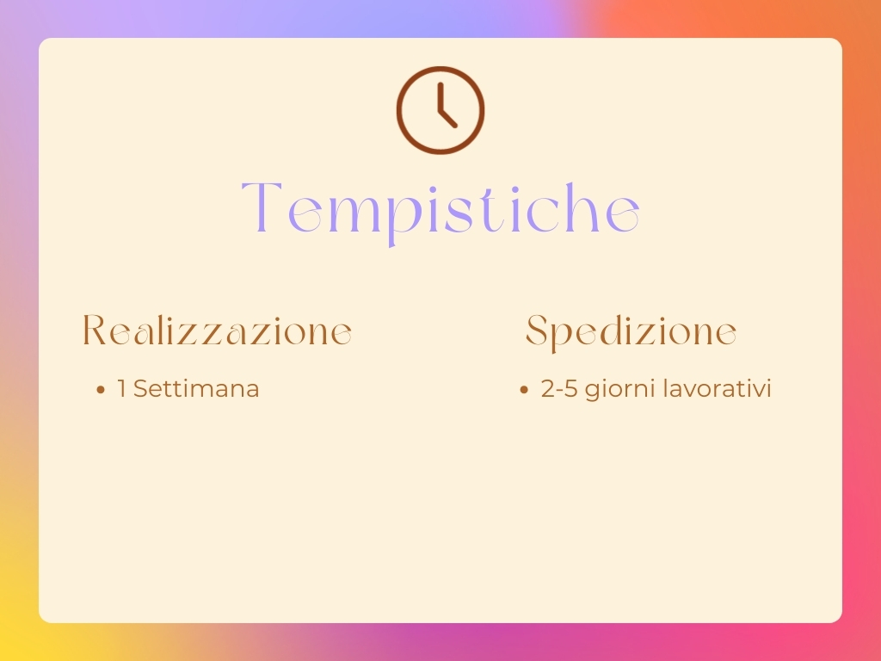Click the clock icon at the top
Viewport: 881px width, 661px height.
point(440,110)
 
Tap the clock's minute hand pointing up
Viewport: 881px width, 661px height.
point(441,96)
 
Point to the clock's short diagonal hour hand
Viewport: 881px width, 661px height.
point(447,117)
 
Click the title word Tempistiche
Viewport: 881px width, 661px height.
point(440,210)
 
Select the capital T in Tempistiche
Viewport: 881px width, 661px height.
point(262,207)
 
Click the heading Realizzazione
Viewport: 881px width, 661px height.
point(218,330)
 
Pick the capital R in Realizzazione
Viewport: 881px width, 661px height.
point(95,330)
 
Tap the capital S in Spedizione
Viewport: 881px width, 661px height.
point(536,330)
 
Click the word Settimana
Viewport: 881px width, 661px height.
point(196,389)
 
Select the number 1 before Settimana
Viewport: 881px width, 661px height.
point(121,389)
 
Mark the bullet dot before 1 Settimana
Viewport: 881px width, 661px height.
point(101,390)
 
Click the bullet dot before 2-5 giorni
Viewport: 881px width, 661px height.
point(524,390)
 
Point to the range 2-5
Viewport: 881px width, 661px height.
point(559,389)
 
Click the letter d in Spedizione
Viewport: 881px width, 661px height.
point(612,330)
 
